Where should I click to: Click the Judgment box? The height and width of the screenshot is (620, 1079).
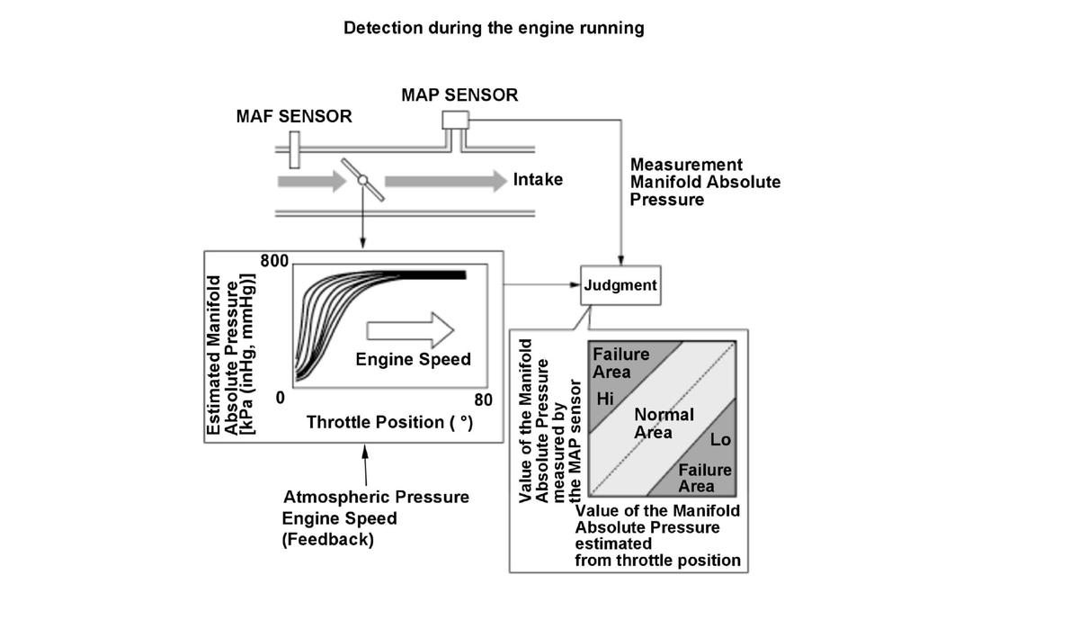[620, 285]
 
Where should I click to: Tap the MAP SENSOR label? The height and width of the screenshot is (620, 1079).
[459, 94]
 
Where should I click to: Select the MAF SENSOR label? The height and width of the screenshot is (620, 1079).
[294, 117]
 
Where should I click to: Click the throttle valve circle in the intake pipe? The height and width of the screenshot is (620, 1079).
[362, 180]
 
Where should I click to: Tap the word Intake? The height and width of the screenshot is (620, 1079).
[538, 180]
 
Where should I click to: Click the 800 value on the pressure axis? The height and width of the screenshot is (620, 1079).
[274, 262]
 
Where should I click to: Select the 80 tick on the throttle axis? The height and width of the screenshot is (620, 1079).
[483, 400]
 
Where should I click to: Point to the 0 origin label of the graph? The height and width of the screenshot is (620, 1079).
[281, 397]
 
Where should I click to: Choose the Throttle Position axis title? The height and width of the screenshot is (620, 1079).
[389, 422]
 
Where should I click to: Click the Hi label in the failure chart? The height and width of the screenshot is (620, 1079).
[605, 399]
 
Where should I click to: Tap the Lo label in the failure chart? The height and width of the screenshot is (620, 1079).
[720, 440]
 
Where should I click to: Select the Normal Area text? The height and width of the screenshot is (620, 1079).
[663, 423]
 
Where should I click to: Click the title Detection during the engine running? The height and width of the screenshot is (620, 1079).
[494, 28]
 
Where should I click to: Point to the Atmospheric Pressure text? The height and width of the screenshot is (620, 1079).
[376, 497]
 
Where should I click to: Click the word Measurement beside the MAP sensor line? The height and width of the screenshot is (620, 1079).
[686, 165]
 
